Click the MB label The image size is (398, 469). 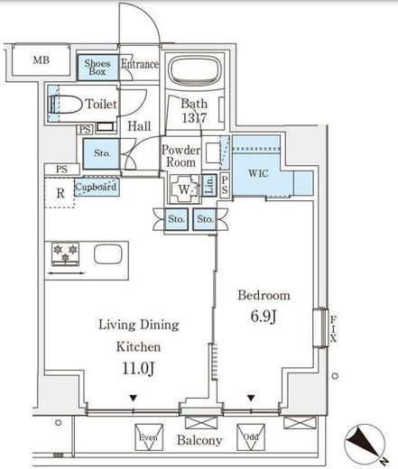coord(42,60)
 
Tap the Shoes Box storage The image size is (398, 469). coord(97,68)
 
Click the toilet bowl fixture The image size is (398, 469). coord(65,105)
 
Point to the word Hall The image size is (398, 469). coord(139,126)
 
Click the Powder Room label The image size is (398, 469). coord(181,156)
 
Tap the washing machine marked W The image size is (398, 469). coord(184,189)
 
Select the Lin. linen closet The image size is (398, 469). coord(209,185)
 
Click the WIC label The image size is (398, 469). coord(258,173)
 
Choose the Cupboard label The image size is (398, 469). coord(96,187)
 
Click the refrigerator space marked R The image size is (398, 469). coord(60,193)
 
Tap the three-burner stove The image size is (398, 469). coord(65,254)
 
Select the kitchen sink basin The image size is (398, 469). coord(108,254)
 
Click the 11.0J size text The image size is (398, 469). coord(138,368)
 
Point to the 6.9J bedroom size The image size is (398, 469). coord(264,317)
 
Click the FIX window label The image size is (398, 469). coord(333,329)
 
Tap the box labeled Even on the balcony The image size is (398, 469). coord(149,437)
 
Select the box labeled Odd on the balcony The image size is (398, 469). coord(251,437)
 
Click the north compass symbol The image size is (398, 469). coord(365,442)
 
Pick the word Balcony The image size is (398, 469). coord(199,440)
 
